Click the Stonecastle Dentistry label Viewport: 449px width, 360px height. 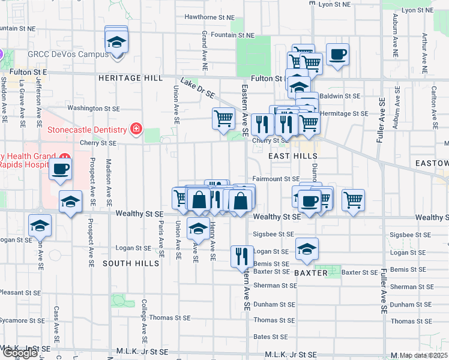click(88, 130)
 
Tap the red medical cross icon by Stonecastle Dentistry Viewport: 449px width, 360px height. click(136, 129)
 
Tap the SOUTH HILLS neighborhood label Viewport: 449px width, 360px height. click(125, 263)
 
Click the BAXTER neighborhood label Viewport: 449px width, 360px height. click(311, 273)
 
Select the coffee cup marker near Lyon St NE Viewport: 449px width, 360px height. click(337, 54)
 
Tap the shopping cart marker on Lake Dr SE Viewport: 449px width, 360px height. click(223, 118)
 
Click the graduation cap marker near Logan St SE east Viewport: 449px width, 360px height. click(307, 248)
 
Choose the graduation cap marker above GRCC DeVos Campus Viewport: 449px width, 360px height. click(116, 42)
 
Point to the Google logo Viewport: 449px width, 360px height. click(20, 353)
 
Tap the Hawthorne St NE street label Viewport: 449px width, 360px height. click(209, 17)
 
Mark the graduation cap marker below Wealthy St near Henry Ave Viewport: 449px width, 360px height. click(199, 227)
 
